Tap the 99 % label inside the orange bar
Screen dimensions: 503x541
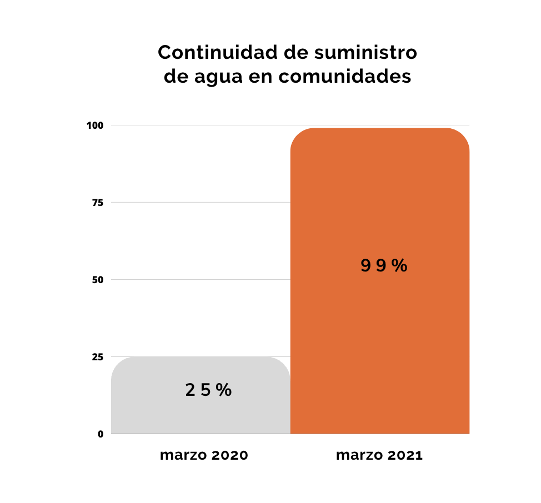pos(384,266)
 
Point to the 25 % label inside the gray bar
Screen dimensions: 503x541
pos(208,390)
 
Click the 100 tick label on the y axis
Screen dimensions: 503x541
pos(95,125)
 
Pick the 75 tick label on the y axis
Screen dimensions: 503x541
pos(98,203)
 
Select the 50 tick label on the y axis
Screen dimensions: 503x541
pos(98,280)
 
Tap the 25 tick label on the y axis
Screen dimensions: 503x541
pos(98,357)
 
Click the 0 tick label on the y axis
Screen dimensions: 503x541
pos(101,434)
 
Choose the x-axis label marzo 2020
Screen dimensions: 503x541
pos(204,456)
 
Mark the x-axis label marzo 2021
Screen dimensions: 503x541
pos(379,456)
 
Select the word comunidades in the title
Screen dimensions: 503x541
pos(345,77)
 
